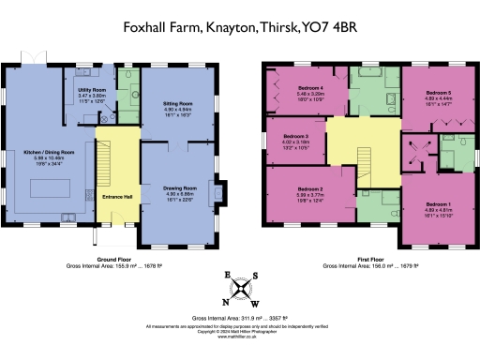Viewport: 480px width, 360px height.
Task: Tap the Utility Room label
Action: point(91,89)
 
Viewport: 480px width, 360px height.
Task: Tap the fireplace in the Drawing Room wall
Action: point(218,195)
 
